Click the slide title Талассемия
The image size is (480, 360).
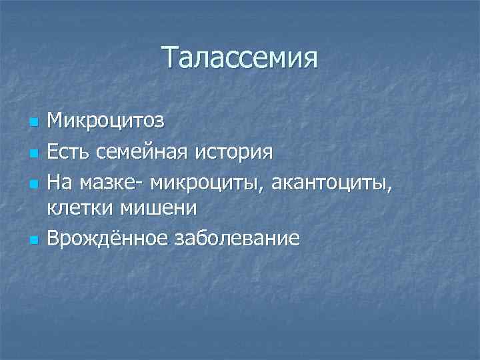pyautogui.click(x=239, y=59)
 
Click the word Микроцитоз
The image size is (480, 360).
pyautogui.click(x=105, y=122)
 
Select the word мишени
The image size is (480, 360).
pyautogui.click(x=158, y=208)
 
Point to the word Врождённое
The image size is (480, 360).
pyautogui.click(x=106, y=237)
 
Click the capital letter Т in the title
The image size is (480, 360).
pyautogui.click(x=169, y=59)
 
